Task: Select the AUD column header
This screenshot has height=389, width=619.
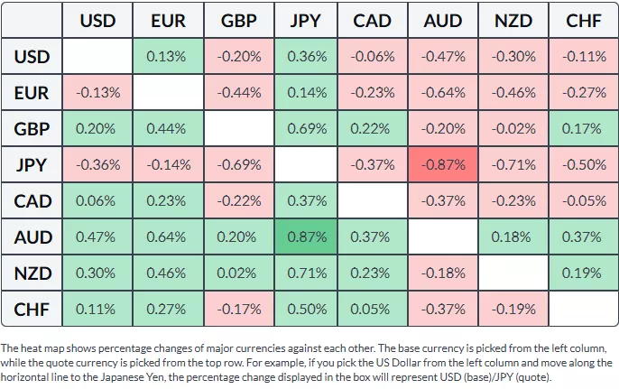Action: [x=444, y=20]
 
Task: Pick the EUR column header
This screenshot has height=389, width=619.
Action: [x=169, y=20]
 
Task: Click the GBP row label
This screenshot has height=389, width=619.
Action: [x=32, y=128]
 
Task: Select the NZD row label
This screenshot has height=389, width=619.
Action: [x=32, y=273]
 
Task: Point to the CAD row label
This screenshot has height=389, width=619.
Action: [x=32, y=200]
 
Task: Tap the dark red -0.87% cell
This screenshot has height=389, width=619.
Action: [x=444, y=164]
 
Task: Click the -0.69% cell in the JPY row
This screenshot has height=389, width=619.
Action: [x=237, y=164]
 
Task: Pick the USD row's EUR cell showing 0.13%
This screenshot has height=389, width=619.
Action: [x=169, y=56]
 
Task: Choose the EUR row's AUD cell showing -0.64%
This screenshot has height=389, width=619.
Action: [x=444, y=92]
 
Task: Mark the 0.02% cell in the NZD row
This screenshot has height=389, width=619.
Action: [x=237, y=273]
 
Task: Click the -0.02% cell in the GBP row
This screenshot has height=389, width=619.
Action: [x=513, y=128]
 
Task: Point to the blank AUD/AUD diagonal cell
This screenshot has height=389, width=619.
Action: [x=444, y=236]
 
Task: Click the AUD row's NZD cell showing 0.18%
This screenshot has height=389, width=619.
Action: [x=513, y=236]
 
